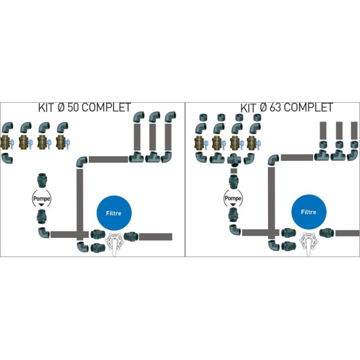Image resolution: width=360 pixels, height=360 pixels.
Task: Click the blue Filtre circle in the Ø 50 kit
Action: point(114,213)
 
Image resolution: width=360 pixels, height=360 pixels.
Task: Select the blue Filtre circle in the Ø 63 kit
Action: point(309,212)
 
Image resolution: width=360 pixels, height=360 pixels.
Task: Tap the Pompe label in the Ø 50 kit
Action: point(42,199)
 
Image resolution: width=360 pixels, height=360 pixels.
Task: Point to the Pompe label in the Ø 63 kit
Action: point(233,198)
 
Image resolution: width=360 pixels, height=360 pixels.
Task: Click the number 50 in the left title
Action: point(73,107)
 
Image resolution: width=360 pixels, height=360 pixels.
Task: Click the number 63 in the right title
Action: point(275,107)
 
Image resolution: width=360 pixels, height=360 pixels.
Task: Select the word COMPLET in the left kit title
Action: point(106,107)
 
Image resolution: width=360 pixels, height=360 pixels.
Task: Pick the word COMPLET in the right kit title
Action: point(309,107)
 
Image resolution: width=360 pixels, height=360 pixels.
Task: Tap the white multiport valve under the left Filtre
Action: point(114,244)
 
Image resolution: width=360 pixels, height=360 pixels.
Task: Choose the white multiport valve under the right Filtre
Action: point(309,244)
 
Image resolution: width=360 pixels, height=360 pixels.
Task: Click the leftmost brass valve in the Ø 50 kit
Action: point(6,142)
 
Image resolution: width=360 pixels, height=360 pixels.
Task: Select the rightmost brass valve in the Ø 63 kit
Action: point(254,143)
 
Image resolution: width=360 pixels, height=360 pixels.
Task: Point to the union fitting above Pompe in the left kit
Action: point(42,181)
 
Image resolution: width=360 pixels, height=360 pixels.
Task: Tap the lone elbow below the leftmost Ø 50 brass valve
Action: point(7,158)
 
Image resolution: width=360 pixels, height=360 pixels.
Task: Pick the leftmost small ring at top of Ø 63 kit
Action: point(203,117)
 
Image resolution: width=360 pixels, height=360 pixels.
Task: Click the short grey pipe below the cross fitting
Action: point(234,171)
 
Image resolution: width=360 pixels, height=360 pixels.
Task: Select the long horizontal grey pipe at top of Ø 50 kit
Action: point(109,159)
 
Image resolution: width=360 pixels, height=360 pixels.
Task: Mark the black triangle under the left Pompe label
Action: point(42,205)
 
